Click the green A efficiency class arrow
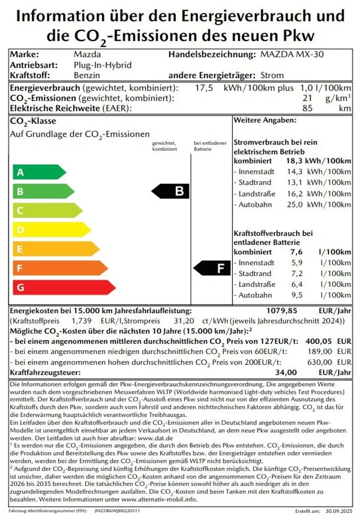click(38, 172)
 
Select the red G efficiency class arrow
click(62, 287)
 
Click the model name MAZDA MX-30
click(292, 54)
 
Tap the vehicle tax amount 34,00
click(286, 372)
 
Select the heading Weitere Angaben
click(265, 120)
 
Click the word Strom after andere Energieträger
click(272, 75)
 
